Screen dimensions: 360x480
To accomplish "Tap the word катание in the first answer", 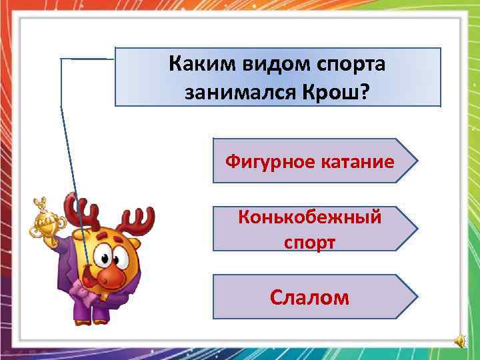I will click(x=353, y=161).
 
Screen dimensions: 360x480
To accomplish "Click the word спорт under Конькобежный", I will click(x=309, y=241).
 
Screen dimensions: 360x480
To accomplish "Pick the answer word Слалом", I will click(x=309, y=297).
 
